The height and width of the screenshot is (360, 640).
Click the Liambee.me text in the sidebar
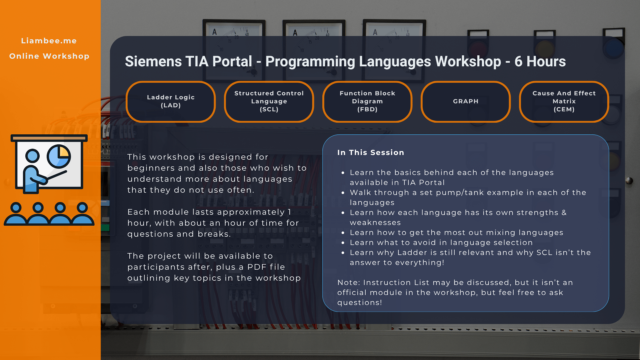click(x=49, y=41)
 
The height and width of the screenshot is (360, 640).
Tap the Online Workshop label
click(x=49, y=56)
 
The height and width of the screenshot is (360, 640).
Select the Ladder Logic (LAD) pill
click(x=171, y=101)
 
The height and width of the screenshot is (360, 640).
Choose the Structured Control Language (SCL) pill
click(x=269, y=101)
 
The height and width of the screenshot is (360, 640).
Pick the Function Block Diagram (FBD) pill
click(x=367, y=101)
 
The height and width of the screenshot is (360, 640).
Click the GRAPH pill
click(x=466, y=101)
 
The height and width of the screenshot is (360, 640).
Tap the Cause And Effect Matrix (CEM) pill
click(x=564, y=101)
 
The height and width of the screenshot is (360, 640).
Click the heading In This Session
click(x=371, y=152)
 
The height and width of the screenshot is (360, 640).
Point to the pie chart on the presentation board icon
click(x=59, y=156)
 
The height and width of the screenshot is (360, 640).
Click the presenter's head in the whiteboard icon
click(x=33, y=156)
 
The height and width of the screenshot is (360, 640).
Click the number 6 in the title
click(x=518, y=62)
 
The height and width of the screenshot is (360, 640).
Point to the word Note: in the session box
click(x=349, y=283)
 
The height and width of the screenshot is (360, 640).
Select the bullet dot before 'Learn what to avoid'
click(x=343, y=243)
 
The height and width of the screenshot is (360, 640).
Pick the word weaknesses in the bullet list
click(x=375, y=223)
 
